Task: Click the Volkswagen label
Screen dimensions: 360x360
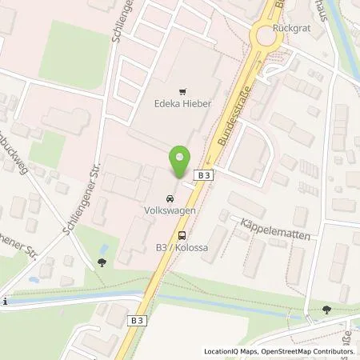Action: tap(169, 212)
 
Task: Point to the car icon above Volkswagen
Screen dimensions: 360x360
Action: tap(169, 200)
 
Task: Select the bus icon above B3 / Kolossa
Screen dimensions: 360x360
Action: tap(184, 235)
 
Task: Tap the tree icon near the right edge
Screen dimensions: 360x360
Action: tap(326, 309)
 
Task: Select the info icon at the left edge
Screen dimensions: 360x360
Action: tap(3, 301)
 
